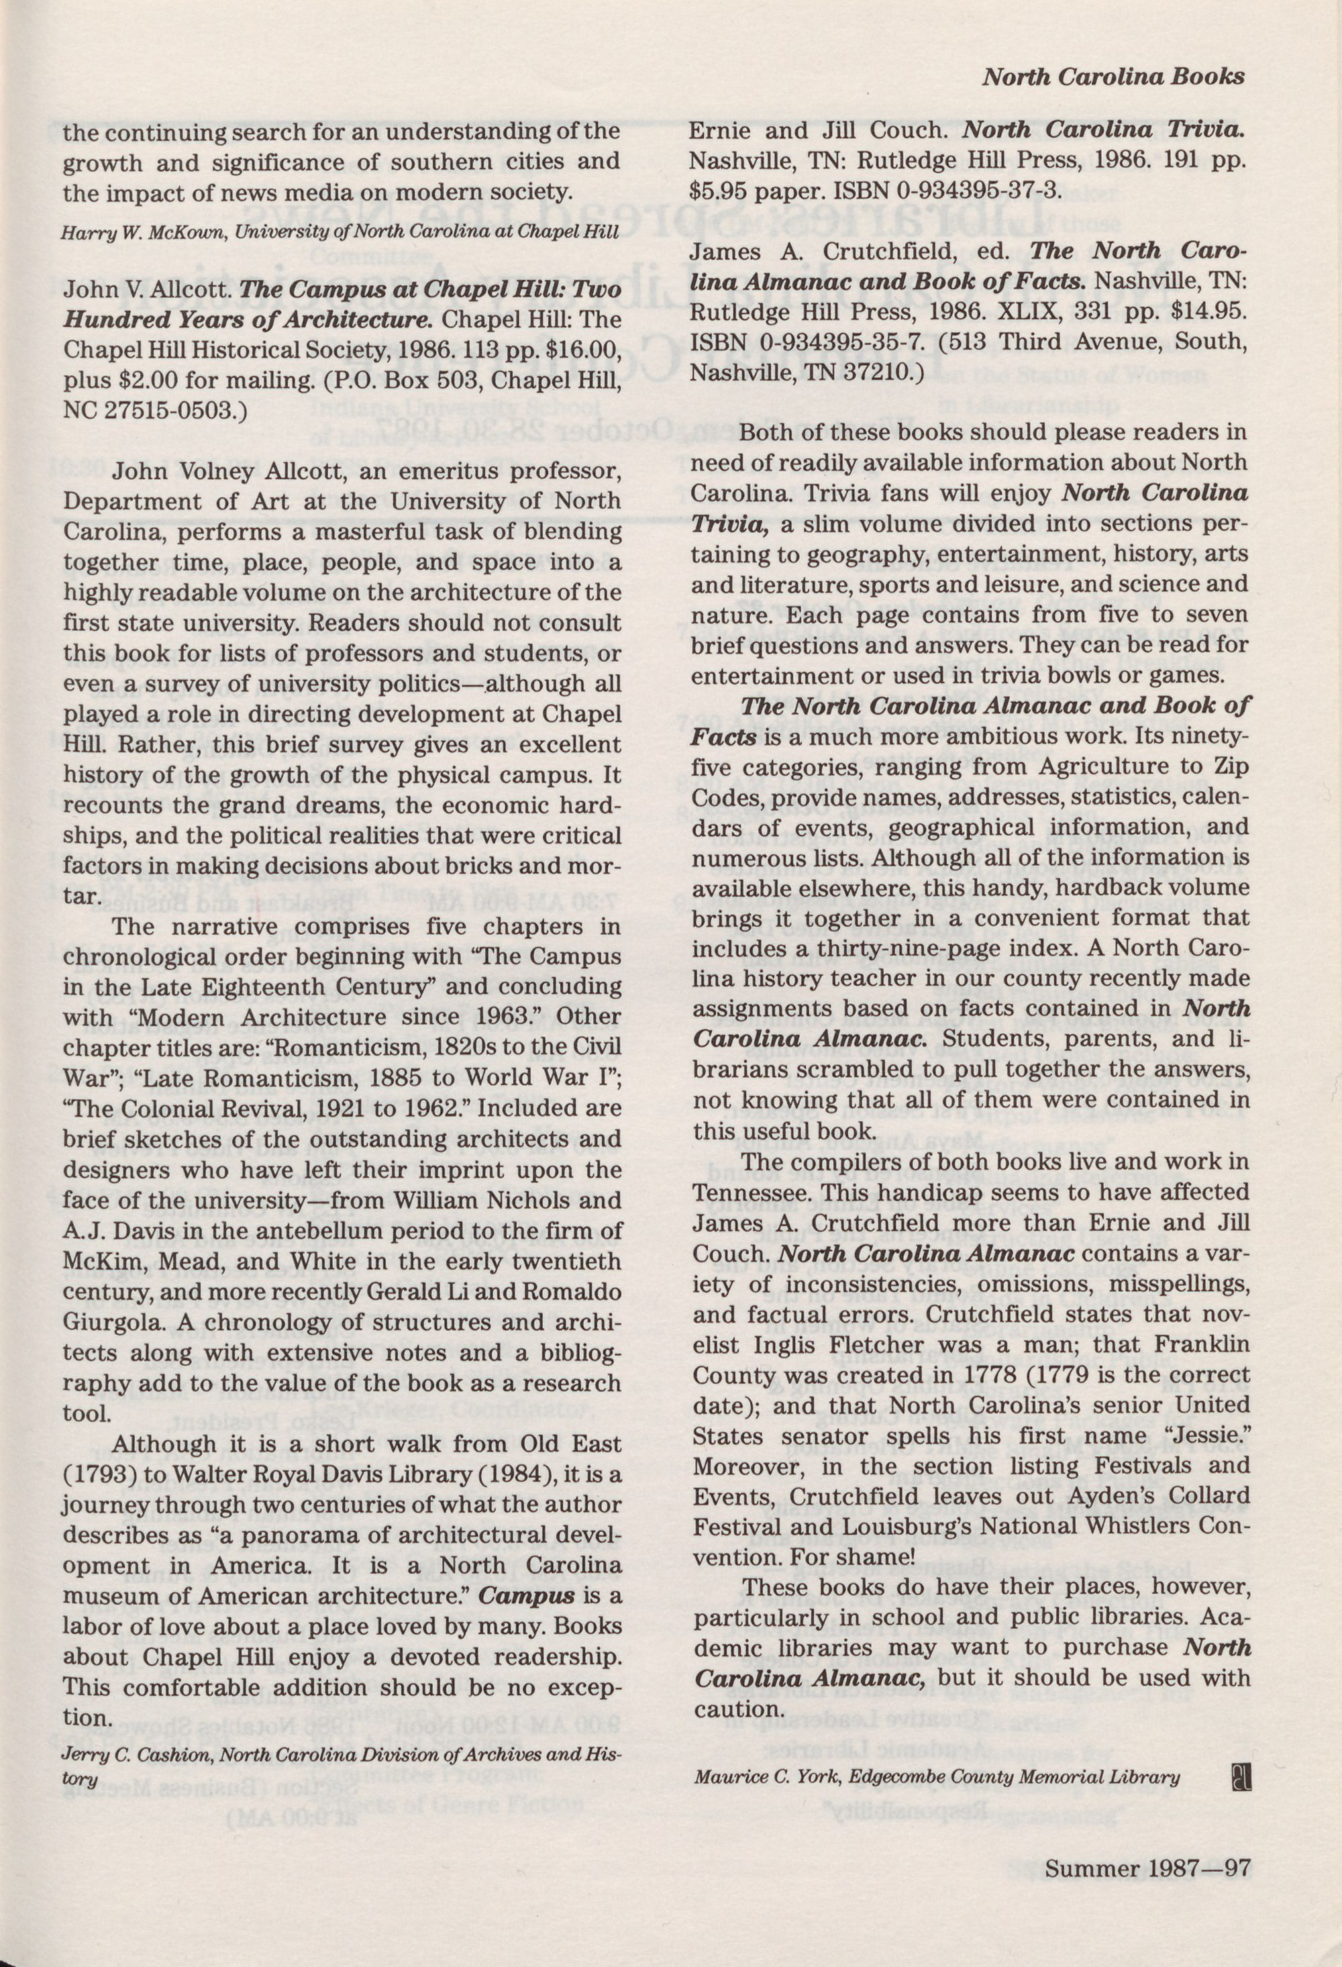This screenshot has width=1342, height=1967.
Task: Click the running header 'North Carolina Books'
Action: point(1113,77)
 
